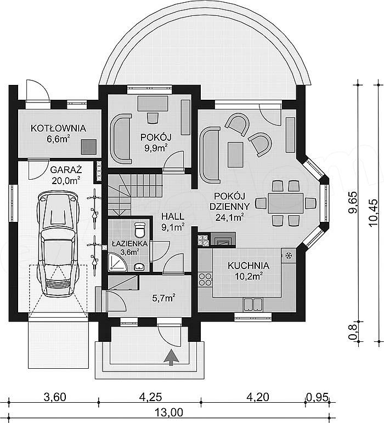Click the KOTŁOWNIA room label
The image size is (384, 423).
click(58, 128)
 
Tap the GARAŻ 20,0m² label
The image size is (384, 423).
click(66, 175)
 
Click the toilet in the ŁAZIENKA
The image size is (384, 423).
click(140, 229)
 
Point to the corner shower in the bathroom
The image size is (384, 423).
click(118, 262)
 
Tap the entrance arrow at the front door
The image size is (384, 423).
click(171, 357)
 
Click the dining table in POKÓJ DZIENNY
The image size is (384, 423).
click(285, 203)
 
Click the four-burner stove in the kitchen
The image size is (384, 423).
click(205, 279)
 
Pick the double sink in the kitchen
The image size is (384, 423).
click(253, 304)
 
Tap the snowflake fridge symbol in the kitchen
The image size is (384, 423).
click(289, 255)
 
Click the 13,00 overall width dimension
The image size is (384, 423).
click(169, 412)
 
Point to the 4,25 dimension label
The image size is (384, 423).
click(150, 397)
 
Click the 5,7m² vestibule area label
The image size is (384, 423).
click(163, 298)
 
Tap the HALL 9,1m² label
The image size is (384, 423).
click(173, 221)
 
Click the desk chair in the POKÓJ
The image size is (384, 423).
click(153, 118)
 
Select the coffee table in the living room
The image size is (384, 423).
click(236, 155)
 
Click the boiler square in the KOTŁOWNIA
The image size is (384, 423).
click(89, 147)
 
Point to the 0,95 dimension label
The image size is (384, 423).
click(317, 397)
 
